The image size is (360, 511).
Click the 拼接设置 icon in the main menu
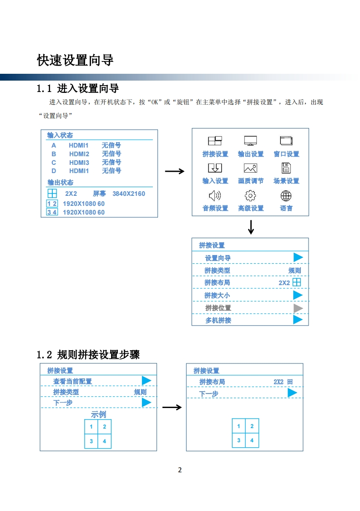click(215, 141)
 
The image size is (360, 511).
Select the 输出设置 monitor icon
click(250, 141)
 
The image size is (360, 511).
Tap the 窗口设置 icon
click(286, 141)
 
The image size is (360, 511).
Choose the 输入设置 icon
click(215, 168)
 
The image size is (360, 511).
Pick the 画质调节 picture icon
click(250, 168)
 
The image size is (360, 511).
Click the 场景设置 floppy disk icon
click(286, 168)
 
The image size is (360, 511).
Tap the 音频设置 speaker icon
click(215, 196)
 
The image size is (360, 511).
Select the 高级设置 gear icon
click(250, 196)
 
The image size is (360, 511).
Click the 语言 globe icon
click(286, 196)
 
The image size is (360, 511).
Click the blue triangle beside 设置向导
click(298, 258)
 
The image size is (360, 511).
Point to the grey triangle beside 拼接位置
click(298, 308)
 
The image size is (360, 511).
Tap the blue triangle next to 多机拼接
click(298, 320)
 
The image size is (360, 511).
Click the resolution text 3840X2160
click(129, 194)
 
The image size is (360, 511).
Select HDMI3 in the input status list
click(79, 163)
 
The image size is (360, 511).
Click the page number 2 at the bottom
click(180, 470)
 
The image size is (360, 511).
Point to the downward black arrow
click(251, 227)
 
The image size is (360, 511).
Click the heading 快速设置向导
click(75, 60)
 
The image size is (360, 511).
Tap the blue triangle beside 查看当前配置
click(146, 381)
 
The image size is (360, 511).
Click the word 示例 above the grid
click(98, 414)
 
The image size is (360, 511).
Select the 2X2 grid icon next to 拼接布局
click(297, 282)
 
